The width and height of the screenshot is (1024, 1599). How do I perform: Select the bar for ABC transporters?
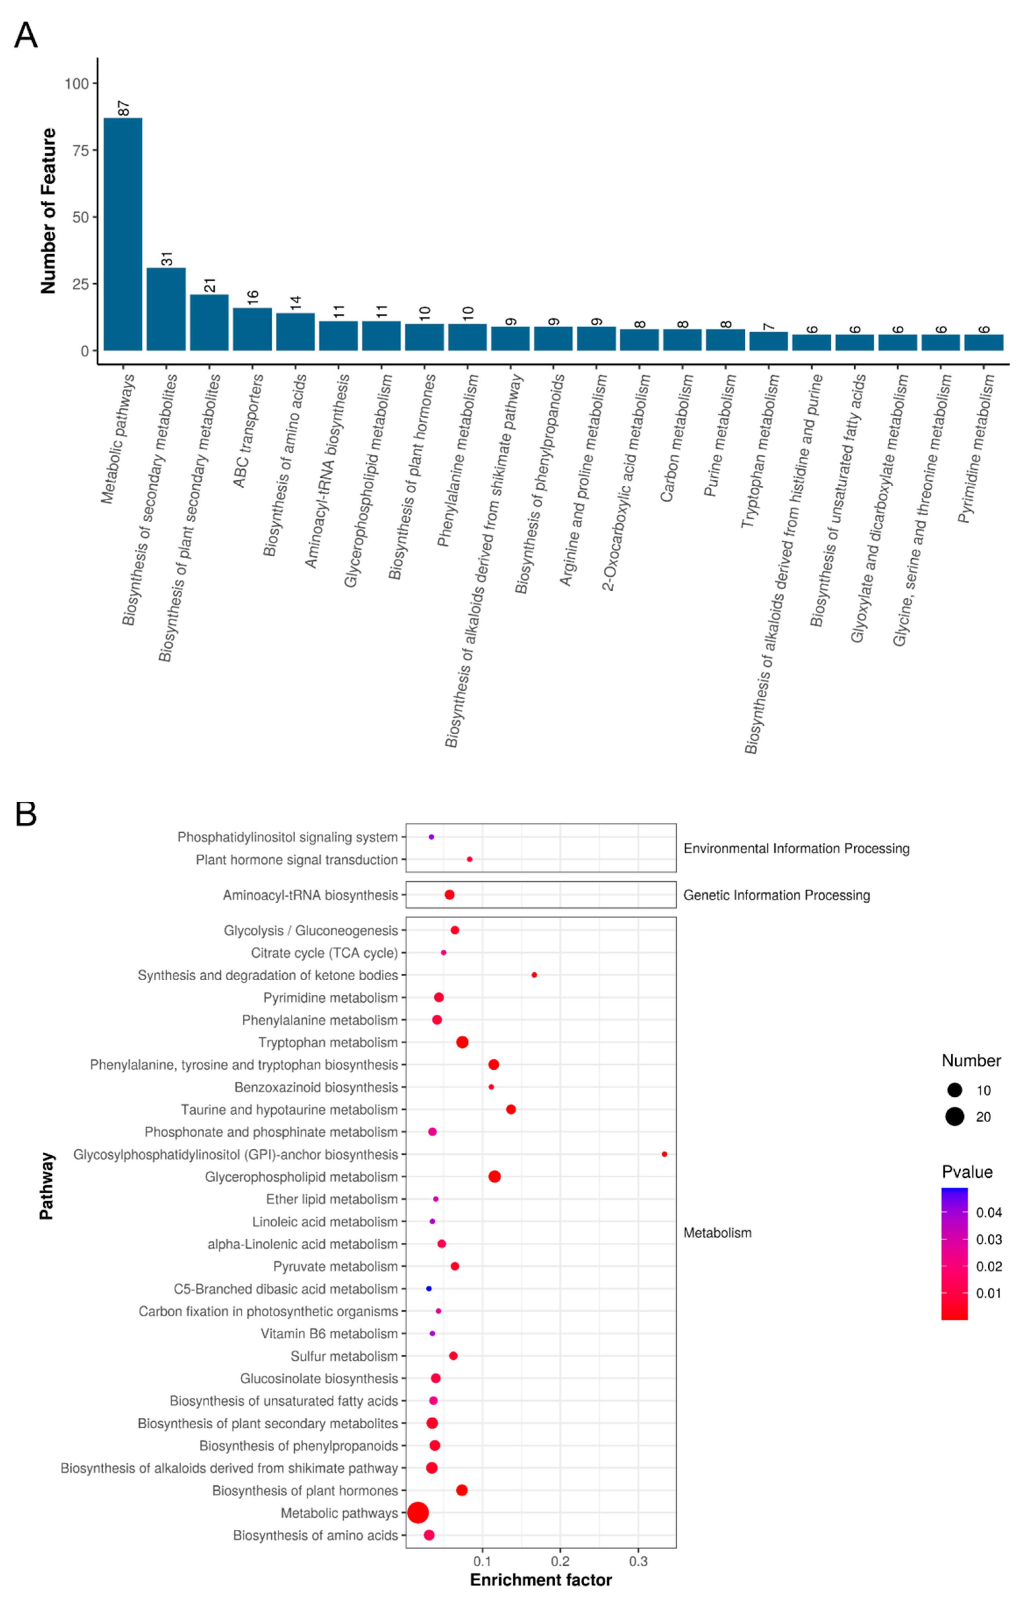click(252, 329)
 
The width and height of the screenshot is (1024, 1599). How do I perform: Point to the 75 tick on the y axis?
click(80, 150)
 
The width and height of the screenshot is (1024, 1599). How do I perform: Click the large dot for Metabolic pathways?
click(418, 1512)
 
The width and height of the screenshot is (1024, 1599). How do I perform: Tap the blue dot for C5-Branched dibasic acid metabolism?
click(429, 1289)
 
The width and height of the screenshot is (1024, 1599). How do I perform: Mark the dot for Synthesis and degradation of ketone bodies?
click(534, 975)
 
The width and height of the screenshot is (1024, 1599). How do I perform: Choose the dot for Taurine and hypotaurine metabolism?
click(511, 1109)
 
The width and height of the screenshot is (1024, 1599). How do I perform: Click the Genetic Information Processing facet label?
click(776, 895)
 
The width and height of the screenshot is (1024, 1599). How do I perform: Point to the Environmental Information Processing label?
click(796, 849)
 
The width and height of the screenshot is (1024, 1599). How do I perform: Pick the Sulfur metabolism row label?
click(344, 1356)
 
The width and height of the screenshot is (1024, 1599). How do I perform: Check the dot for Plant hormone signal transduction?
click(469, 859)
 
